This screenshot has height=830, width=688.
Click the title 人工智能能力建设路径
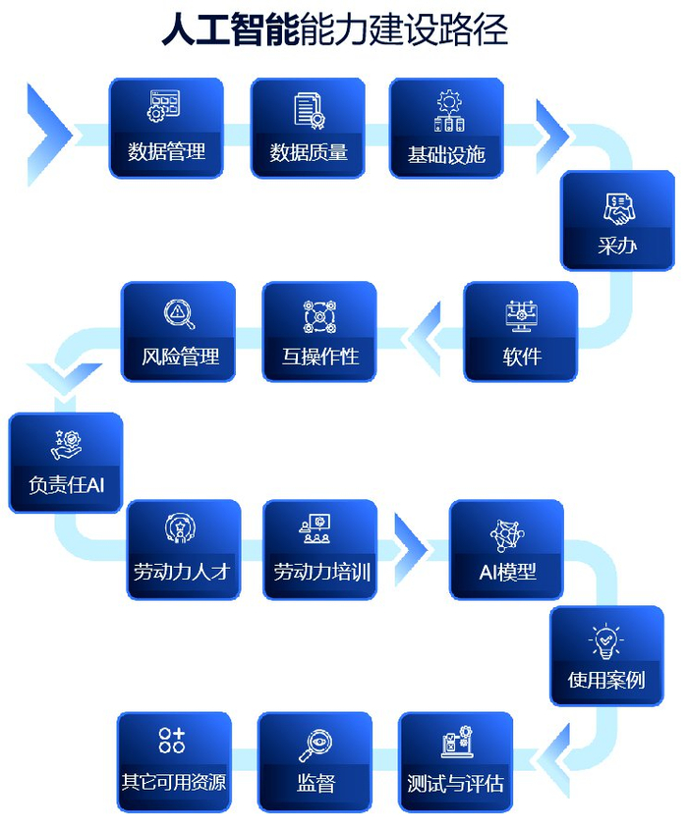(334, 30)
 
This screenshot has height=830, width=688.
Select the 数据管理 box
(166, 129)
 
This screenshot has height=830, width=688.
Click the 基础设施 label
(447, 154)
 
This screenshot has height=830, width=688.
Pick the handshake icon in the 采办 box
(618, 209)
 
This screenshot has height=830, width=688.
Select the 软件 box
(521, 332)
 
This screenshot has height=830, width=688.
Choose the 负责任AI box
(66, 463)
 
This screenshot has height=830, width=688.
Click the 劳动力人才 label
(182, 571)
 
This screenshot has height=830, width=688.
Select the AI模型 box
(507, 550)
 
